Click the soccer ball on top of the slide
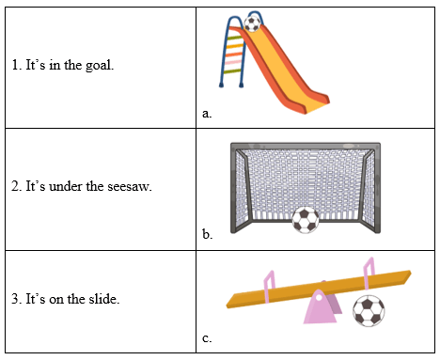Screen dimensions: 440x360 252,22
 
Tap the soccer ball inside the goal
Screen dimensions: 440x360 305,220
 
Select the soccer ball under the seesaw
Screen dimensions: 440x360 369,310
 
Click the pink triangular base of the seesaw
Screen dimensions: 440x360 322,307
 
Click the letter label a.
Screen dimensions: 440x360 207,114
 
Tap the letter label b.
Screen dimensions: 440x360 207,234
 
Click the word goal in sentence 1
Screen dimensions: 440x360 98,67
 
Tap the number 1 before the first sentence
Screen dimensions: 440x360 15,67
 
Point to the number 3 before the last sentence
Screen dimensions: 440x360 15,300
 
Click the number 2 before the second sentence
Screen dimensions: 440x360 15,186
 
